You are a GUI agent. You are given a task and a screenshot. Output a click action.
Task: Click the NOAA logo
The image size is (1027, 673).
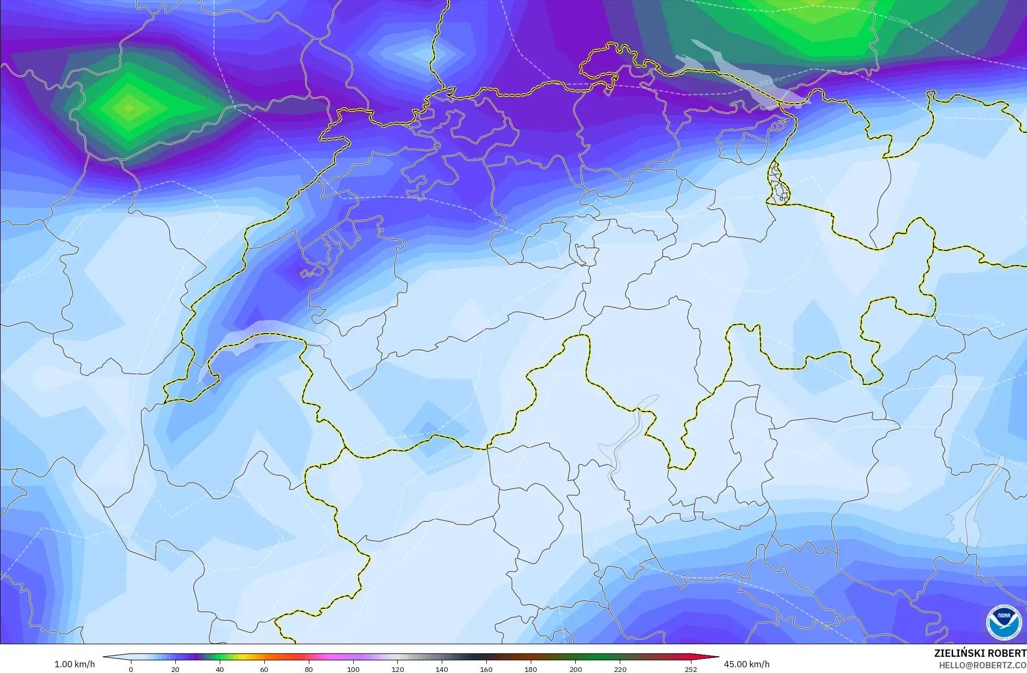(1004, 622)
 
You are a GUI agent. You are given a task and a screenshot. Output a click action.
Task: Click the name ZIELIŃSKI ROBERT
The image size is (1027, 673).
(980, 654)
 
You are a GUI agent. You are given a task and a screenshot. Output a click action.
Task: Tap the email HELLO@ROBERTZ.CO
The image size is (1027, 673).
(982, 665)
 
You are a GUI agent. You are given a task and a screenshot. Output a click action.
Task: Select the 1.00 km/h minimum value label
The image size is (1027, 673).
(75, 665)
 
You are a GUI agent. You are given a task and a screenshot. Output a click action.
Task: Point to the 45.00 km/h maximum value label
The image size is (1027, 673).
(746, 665)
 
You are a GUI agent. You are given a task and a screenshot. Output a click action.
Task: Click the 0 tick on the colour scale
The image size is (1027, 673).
(131, 669)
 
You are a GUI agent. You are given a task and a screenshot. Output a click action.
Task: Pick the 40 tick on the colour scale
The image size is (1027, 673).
(220, 669)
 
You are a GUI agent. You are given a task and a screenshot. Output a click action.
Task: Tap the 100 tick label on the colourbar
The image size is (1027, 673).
(353, 669)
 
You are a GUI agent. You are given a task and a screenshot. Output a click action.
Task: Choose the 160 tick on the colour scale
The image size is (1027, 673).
(487, 669)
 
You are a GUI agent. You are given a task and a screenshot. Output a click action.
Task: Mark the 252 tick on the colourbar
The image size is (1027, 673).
(691, 669)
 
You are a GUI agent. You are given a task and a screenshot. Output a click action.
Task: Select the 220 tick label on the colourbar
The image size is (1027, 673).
(620, 669)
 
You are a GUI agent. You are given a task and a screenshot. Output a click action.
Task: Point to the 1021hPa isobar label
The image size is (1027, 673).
(769, 82)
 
